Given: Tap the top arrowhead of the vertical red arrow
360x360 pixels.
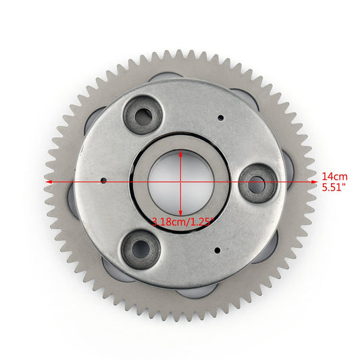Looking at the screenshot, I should point(181,153).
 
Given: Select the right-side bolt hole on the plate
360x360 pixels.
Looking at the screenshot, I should point(257,182).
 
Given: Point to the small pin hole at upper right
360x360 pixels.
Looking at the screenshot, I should point(220,118).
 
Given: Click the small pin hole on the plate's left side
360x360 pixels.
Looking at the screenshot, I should point(103,180).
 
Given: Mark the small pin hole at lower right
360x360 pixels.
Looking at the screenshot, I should point(217,250).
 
